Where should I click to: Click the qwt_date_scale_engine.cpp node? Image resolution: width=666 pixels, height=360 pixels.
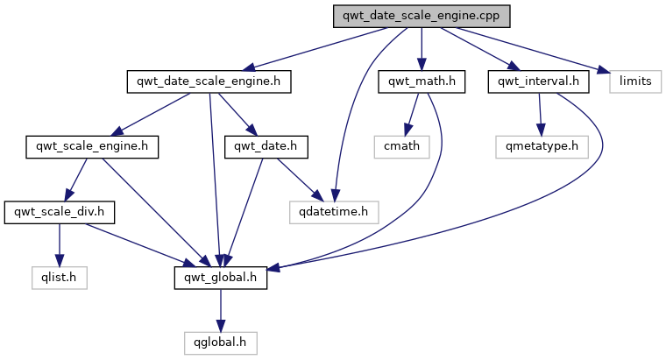pos(421,17)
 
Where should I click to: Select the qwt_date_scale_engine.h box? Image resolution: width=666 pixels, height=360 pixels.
pos(209,81)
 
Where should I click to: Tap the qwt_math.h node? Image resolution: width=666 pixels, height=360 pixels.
pos(421,81)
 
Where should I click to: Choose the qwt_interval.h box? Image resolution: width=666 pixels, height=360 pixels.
pos(538,81)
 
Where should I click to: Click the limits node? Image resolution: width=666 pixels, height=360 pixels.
pos(635,81)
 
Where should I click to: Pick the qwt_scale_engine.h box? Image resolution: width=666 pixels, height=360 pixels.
pos(92,146)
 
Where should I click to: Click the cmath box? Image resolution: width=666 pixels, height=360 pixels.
pos(402,146)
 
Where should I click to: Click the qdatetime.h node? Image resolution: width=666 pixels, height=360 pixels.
pos(334,211)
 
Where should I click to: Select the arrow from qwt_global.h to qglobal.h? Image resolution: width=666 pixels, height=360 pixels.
pos(221,308)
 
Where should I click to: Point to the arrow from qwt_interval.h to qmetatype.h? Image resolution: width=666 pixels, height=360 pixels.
pos(541,114)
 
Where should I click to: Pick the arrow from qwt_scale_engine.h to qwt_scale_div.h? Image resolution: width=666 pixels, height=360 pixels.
pos(75,179)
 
